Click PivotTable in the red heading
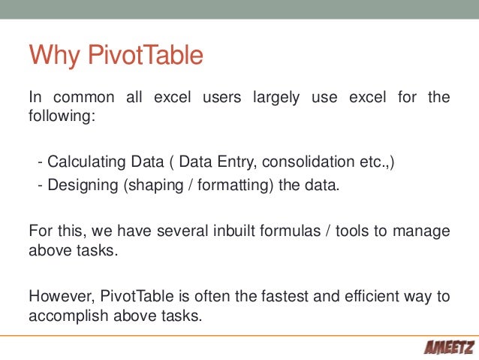tap(147, 56)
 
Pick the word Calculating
tap(86, 162)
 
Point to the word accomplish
tap(65, 315)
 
